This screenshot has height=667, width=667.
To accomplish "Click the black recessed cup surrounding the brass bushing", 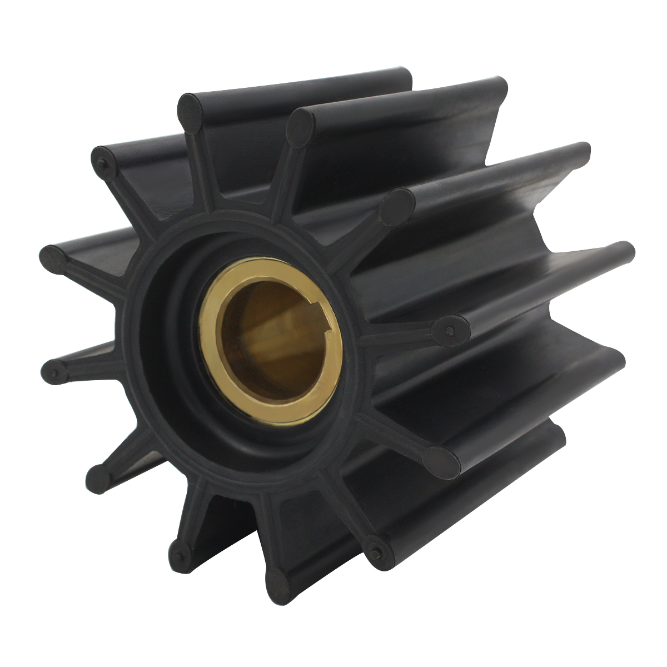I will click(x=167, y=361).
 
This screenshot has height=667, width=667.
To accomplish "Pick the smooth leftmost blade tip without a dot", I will click(x=53, y=259).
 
